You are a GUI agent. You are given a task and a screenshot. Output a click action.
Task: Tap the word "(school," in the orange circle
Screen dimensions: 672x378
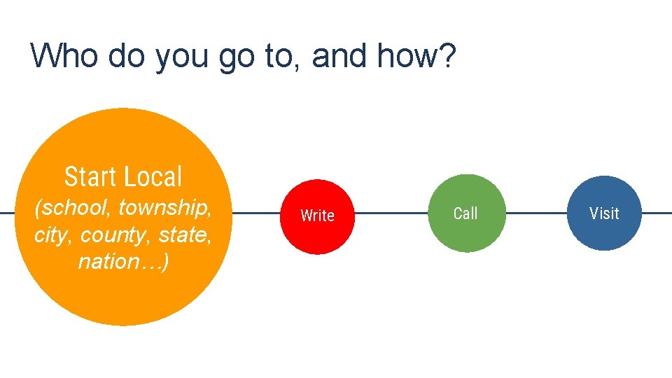(x=73, y=208)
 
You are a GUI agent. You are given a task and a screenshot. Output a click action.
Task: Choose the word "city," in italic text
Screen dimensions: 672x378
(x=54, y=234)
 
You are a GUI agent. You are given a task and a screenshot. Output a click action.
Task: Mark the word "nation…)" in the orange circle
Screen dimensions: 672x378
(x=122, y=262)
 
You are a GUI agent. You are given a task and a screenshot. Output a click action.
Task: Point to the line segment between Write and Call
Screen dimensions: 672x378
(x=392, y=213)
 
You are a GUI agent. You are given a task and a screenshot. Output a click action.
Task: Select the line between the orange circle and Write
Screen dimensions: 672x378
(x=255, y=213)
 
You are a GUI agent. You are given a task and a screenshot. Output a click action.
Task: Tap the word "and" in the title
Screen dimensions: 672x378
(x=339, y=55)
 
